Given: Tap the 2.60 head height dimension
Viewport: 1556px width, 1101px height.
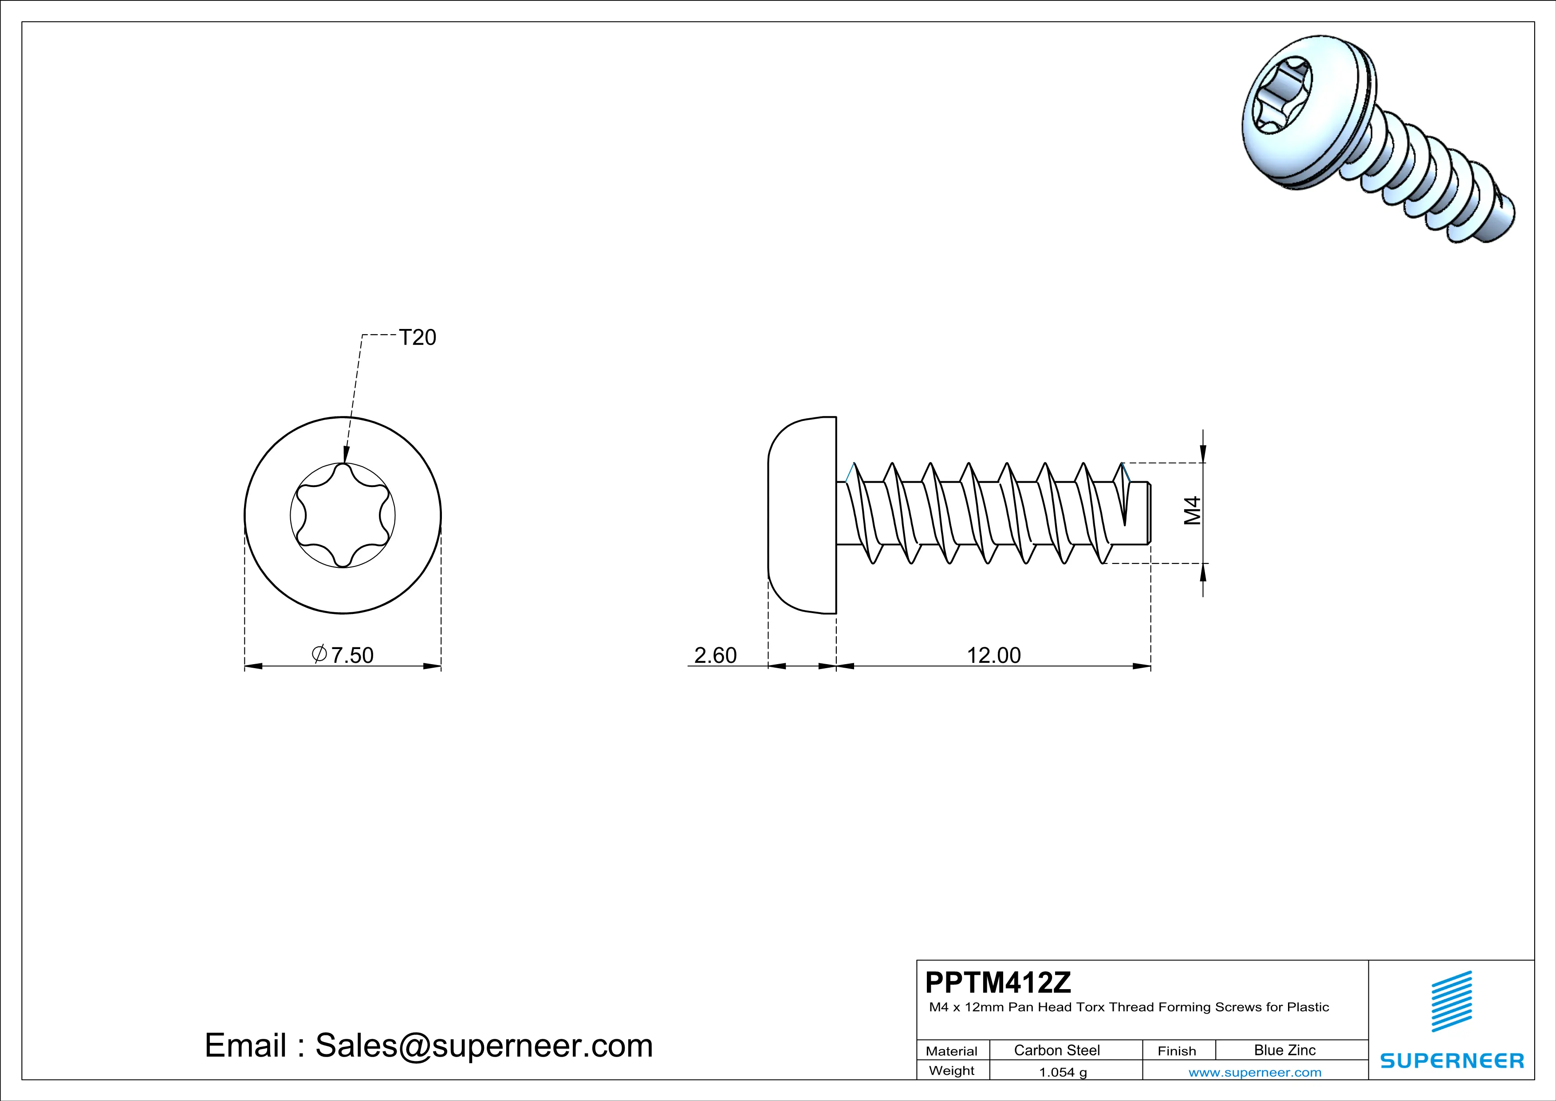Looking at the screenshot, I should click(x=715, y=655).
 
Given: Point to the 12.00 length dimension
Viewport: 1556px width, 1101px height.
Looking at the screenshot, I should click(x=993, y=655).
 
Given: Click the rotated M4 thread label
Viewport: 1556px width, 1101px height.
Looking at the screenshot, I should click(x=1192, y=511).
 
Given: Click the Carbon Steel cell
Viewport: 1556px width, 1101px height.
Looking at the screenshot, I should click(x=1056, y=1050).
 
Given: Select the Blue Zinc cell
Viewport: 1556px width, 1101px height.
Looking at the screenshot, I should click(x=1284, y=1050).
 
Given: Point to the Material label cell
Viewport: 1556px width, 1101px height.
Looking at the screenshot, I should click(x=952, y=1051).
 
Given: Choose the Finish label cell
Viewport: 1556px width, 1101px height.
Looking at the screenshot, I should click(x=1177, y=1051).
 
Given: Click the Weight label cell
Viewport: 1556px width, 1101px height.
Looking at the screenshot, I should click(x=952, y=1070).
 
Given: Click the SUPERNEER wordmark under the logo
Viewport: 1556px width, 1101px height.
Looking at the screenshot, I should click(x=1452, y=1061).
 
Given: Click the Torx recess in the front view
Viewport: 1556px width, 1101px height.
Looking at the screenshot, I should click(x=343, y=515).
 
